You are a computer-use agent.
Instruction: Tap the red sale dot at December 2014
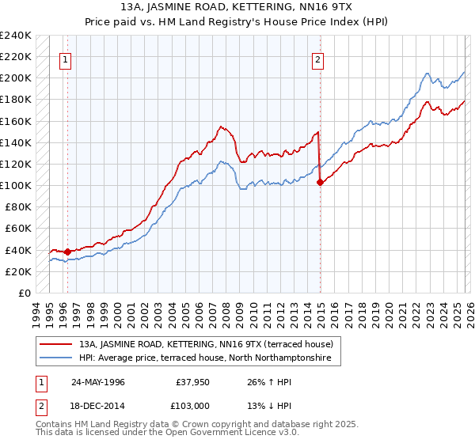click(x=320, y=182)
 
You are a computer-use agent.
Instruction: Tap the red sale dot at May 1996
click(x=67, y=252)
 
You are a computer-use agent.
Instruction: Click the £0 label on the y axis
click(x=25, y=293)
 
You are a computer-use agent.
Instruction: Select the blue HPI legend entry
click(x=209, y=358)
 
